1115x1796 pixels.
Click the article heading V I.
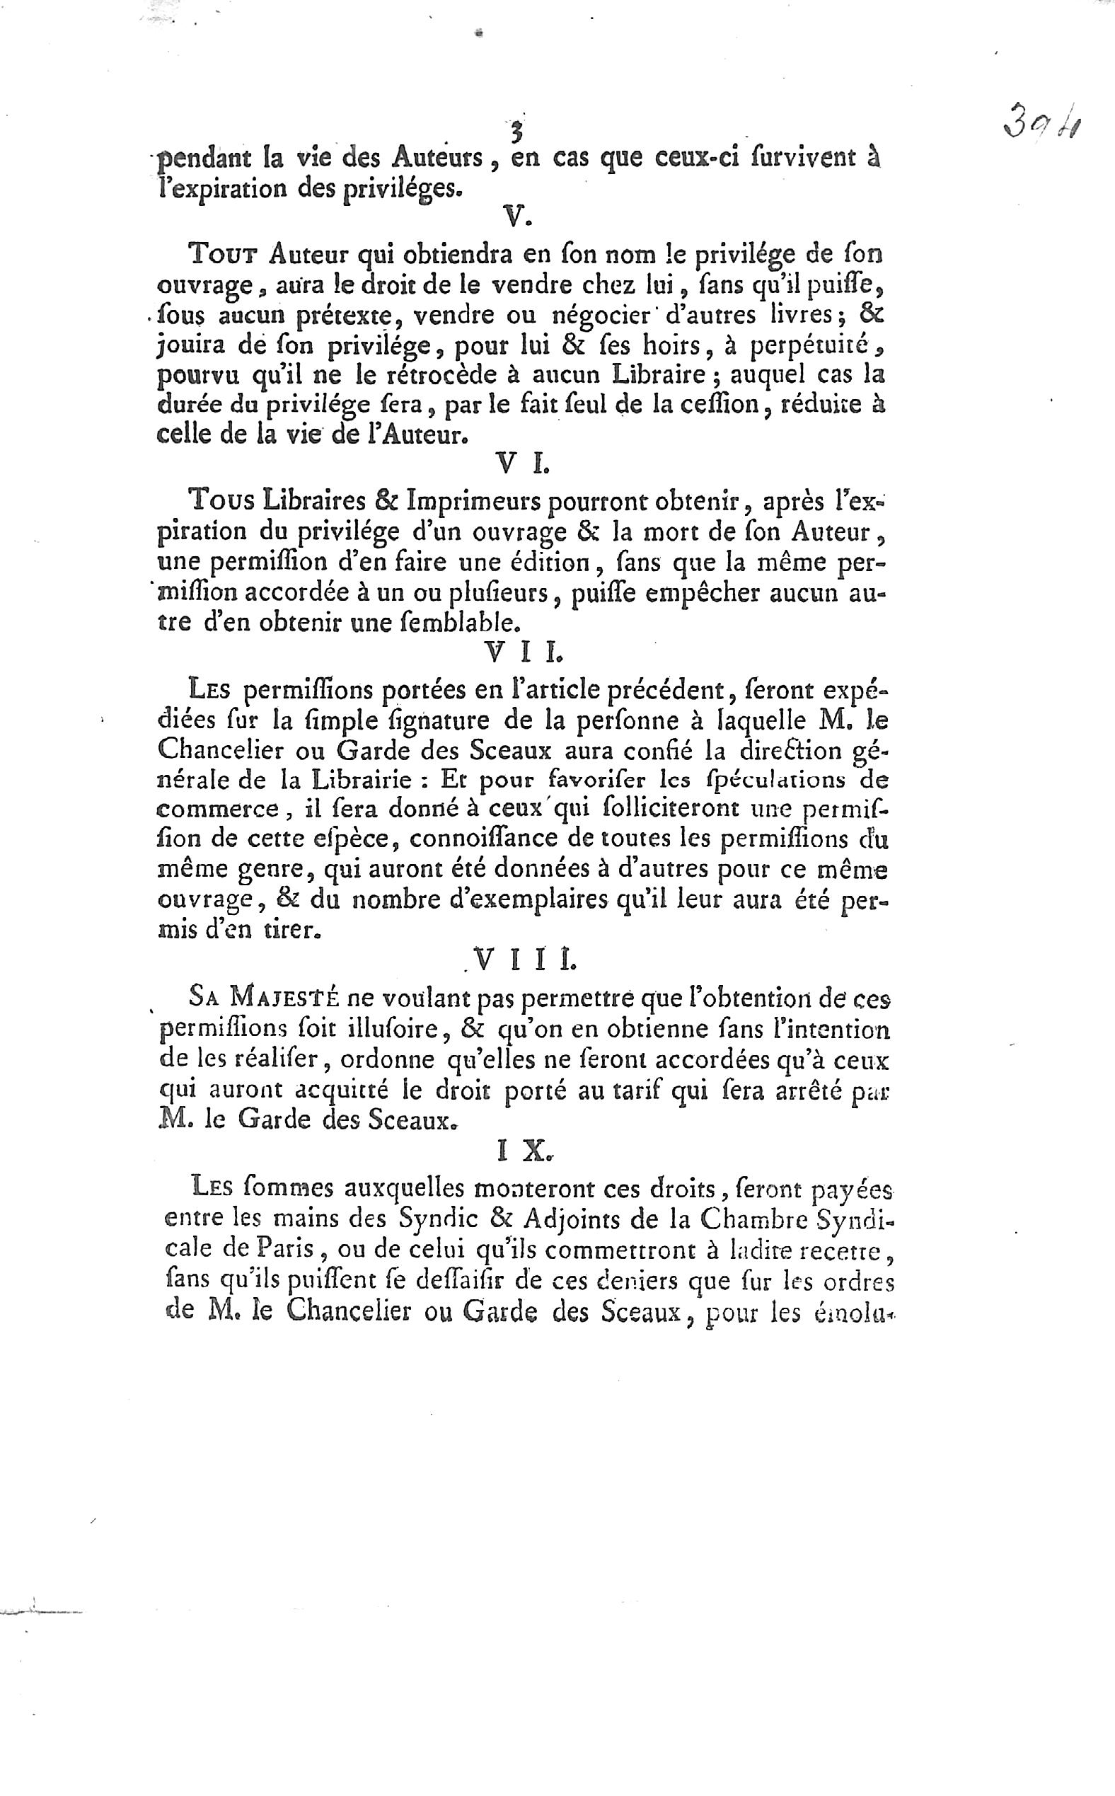(x=522, y=465)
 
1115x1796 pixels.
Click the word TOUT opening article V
(x=224, y=255)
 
